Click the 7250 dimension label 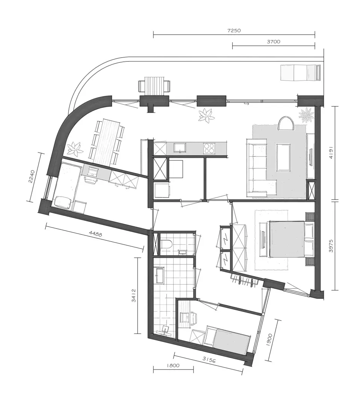[234, 30]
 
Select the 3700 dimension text [274, 42]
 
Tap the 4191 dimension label [331, 153]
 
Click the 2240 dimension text [32, 176]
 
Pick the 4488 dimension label [95, 234]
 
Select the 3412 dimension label [134, 295]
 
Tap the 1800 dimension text [173, 365]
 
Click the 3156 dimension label [209, 360]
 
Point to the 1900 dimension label [270, 340]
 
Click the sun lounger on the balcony [300, 72]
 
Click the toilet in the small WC [166, 244]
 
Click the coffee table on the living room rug [283, 157]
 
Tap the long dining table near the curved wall [107, 142]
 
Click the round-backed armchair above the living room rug [286, 123]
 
